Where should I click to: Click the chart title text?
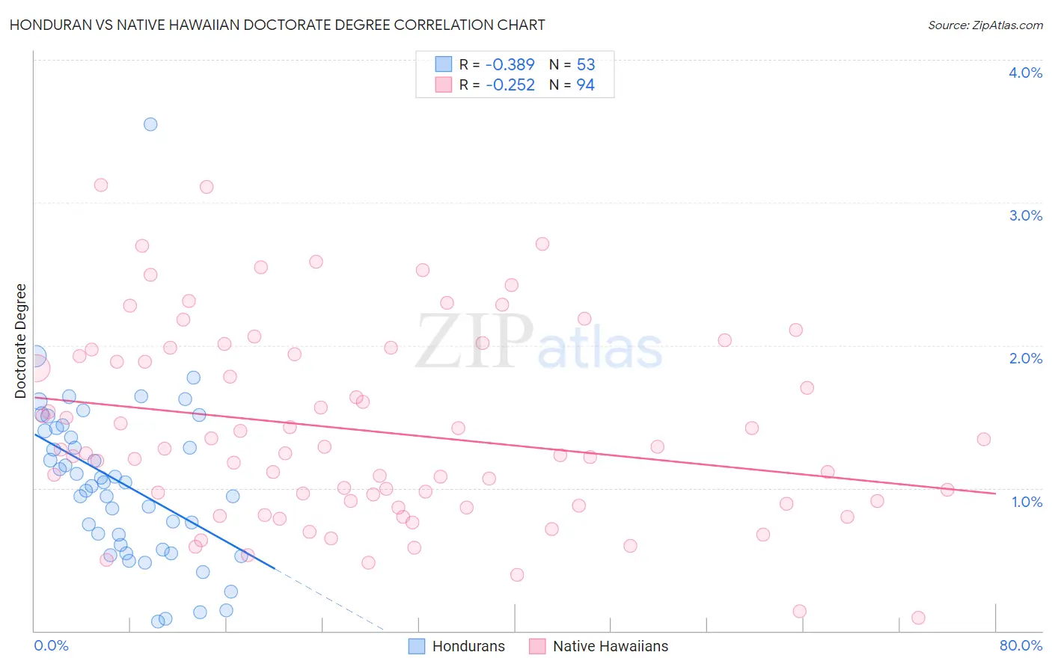[277, 25]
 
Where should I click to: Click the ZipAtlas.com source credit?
[985, 25]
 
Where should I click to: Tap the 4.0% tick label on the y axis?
[1025, 73]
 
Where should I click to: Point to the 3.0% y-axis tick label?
[1025, 215]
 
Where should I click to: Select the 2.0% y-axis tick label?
[1025, 358]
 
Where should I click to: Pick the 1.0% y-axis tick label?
[1027, 502]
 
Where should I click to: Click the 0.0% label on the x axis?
[51, 645]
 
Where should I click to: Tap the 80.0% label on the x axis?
[1021, 645]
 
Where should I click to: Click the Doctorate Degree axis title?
[21, 341]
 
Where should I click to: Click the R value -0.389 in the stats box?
[510, 64]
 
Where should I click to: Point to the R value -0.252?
[510, 84]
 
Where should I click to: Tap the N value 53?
[586, 64]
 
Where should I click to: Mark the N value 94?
[586, 84]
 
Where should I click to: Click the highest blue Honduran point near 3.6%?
[150, 124]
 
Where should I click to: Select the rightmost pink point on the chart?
[984, 439]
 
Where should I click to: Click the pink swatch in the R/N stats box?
[444, 84]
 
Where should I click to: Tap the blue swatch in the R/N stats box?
[444, 64]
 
